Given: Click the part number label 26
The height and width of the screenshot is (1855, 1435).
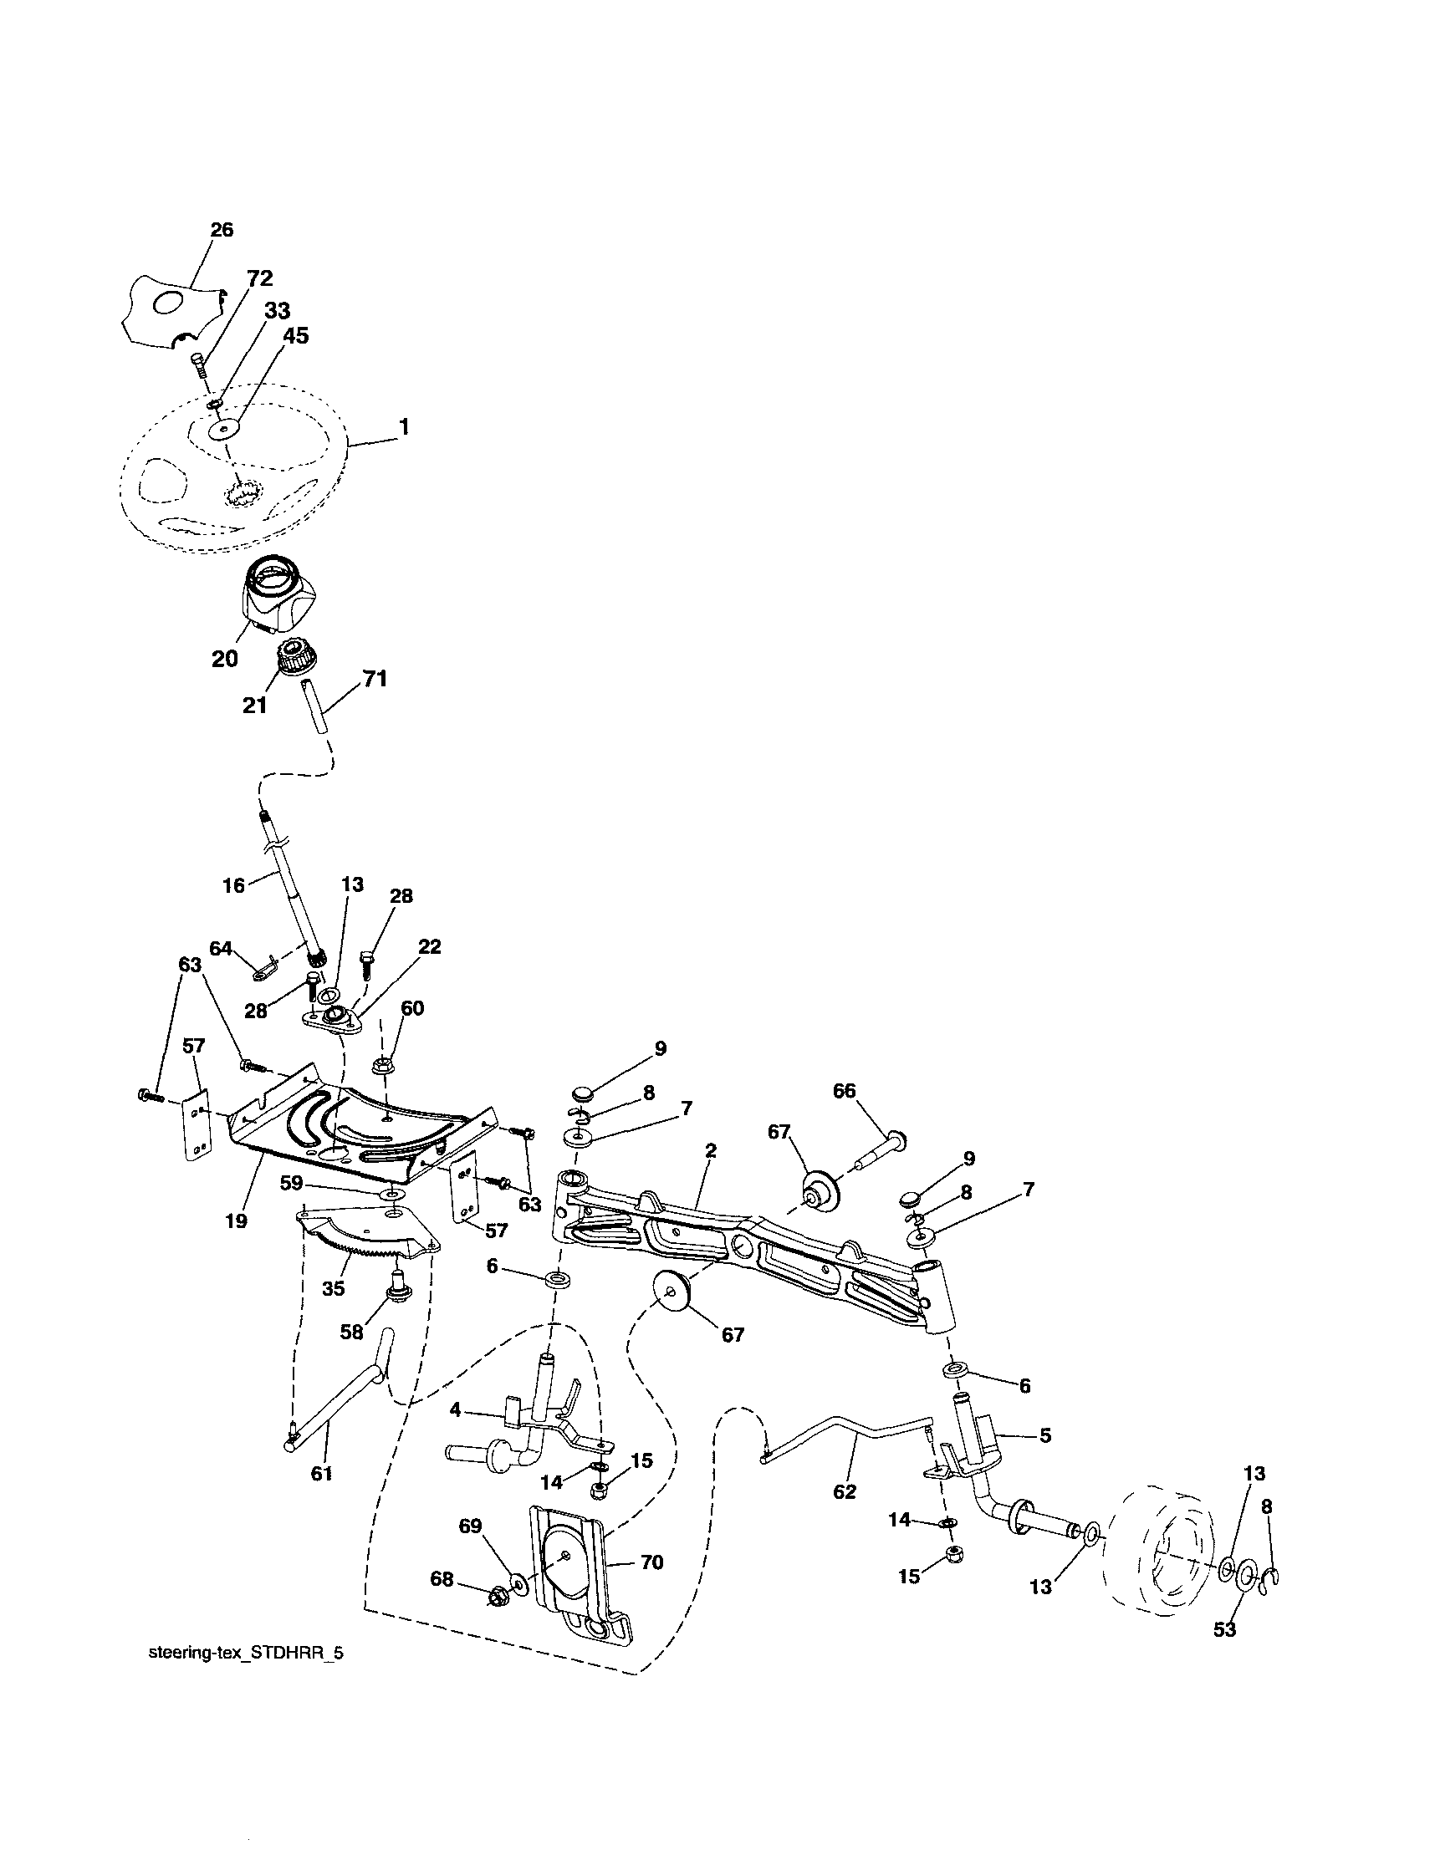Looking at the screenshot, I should click(222, 230).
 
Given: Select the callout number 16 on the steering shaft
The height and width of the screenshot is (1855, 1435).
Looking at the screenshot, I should click(233, 885).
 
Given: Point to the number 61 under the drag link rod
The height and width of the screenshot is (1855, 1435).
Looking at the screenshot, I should click(321, 1474).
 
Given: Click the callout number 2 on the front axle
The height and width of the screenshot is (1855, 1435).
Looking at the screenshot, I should click(711, 1151).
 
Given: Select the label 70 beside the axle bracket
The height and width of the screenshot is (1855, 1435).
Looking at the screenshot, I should click(651, 1562).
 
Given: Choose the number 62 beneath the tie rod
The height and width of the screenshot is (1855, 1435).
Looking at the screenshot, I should click(845, 1491).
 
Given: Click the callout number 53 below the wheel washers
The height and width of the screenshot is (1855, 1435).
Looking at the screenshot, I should click(1224, 1629).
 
